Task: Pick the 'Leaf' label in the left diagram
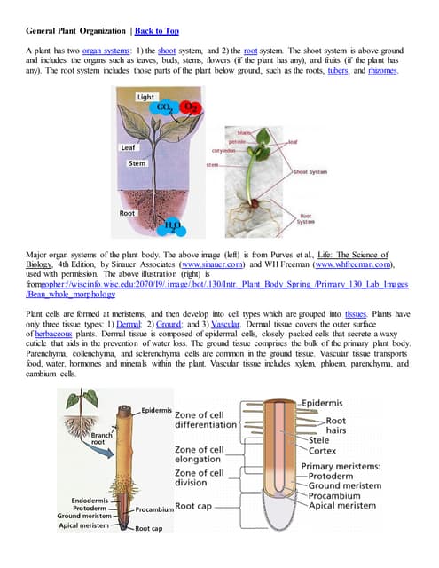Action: [129, 148]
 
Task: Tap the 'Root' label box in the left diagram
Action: [129, 214]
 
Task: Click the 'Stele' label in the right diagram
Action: [320, 438]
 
